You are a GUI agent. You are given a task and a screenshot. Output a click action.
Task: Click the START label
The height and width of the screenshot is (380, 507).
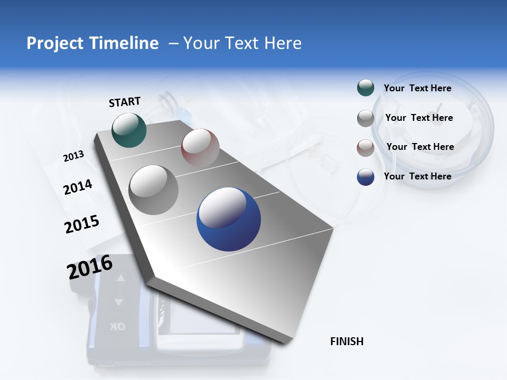pyautogui.click(x=125, y=102)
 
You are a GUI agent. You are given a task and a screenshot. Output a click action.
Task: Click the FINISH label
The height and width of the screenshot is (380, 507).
pyautogui.click(x=346, y=341)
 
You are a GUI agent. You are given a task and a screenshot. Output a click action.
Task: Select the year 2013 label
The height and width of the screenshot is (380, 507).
pyautogui.click(x=73, y=156)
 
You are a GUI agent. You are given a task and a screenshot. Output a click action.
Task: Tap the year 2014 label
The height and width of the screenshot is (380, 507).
pyautogui.click(x=78, y=187)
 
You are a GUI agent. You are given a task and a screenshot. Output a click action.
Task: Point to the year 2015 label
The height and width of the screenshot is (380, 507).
pyautogui.click(x=82, y=224)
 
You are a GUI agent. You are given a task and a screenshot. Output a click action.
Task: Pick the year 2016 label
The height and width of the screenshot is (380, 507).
pyautogui.click(x=90, y=267)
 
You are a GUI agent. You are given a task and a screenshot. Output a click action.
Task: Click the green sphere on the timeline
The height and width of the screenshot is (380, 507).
pyautogui.click(x=129, y=130)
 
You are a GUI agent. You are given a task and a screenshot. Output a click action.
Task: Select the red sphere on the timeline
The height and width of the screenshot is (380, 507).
pyautogui.click(x=200, y=147)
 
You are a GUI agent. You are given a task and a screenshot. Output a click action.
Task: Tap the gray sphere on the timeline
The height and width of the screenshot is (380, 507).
pyautogui.click(x=154, y=189)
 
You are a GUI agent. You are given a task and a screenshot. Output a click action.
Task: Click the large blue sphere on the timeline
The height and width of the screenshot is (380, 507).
pyautogui.click(x=229, y=219)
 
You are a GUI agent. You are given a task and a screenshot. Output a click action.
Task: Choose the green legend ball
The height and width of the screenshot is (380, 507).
pyautogui.click(x=365, y=88)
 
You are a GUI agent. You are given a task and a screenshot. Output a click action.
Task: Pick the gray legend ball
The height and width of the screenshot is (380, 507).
pyautogui.click(x=365, y=118)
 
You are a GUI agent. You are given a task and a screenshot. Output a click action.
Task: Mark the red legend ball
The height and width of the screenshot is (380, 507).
pyautogui.click(x=365, y=148)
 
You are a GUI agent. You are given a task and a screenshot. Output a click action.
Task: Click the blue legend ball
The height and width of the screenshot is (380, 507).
pyautogui.click(x=365, y=177)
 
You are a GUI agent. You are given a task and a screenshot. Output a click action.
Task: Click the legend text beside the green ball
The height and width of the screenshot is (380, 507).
pyautogui.click(x=417, y=88)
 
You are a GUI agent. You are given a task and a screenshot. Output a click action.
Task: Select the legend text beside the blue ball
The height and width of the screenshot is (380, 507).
pyautogui.click(x=417, y=176)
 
